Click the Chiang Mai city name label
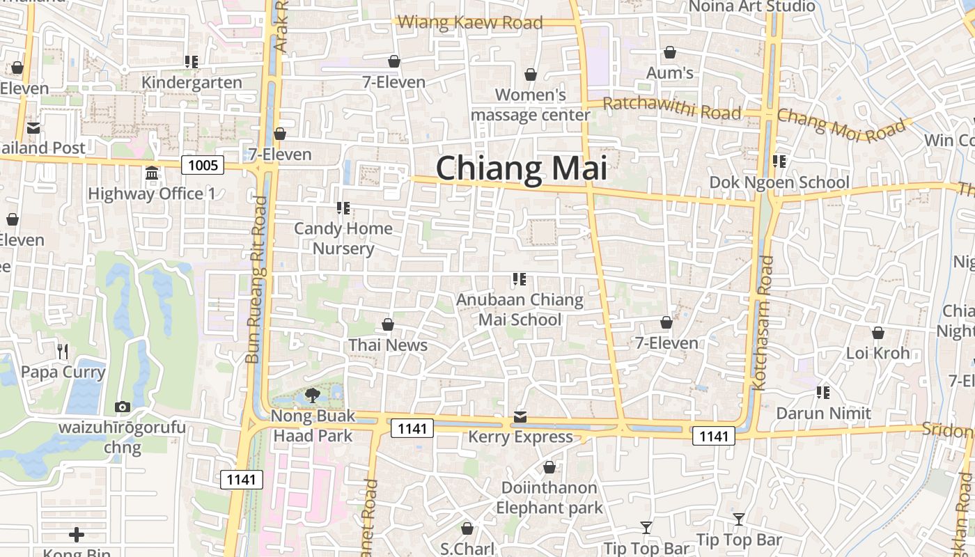coord(521,169)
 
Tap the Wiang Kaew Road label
coord(469,22)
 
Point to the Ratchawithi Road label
coord(671,109)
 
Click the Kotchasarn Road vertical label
coord(763,322)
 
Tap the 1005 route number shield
coord(203,165)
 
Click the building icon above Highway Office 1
coord(152,173)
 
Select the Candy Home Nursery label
coord(343,238)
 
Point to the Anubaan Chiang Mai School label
coord(520,309)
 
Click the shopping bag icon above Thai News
coord(388,324)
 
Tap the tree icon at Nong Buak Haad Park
coord(312,395)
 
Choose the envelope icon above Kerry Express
coord(520,417)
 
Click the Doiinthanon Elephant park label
coord(549,497)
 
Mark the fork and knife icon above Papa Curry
coord(63,351)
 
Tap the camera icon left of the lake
coord(123,407)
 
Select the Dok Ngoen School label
coord(779,182)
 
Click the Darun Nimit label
coord(824,413)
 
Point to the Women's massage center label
coord(531,104)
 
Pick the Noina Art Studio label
coord(751,6)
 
